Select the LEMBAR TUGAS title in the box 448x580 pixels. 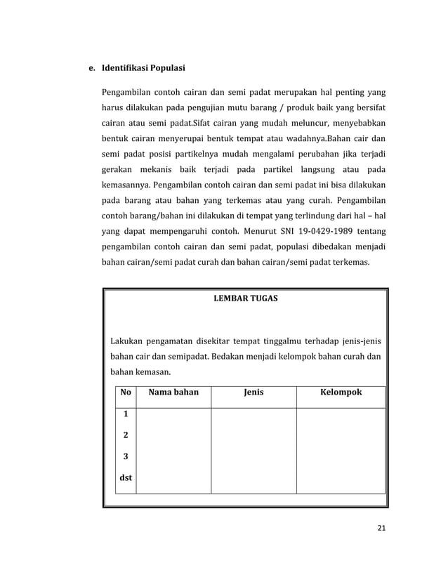pyautogui.click(x=245, y=298)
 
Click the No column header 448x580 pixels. pyautogui.click(x=126, y=393)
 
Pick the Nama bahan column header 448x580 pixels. pyautogui.click(x=173, y=393)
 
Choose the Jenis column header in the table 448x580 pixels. pyautogui.click(x=253, y=393)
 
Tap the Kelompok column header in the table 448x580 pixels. pyautogui.click(x=341, y=393)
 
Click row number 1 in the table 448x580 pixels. pyautogui.click(x=126, y=415)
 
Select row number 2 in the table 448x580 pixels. pyautogui.click(x=126, y=435)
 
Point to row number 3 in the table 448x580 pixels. pyautogui.click(x=126, y=456)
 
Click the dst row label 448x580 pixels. pyautogui.click(x=126, y=479)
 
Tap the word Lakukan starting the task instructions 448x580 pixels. pyautogui.click(x=126, y=342)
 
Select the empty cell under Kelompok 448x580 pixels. pyautogui.click(x=341, y=450)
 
